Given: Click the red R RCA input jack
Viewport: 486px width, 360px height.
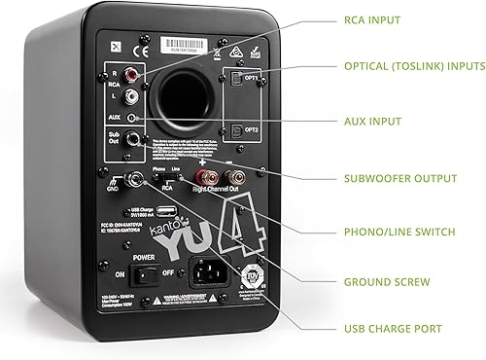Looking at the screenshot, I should pyautogui.click(x=131, y=74).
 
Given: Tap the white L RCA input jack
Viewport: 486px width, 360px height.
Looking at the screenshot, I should pyautogui.click(x=131, y=96).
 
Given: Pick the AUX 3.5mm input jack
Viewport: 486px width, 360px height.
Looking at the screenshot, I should pyautogui.click(x=132, y=118).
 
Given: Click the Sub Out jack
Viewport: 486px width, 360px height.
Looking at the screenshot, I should pyautogui.click(x=133, y=139).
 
